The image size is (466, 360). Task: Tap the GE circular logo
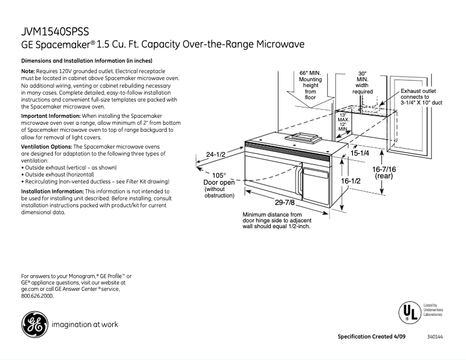tap(33, 325)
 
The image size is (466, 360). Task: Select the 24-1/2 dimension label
tap(216, 154)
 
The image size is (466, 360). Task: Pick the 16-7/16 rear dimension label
tap(384, 172)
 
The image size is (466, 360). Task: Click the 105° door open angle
tap(218, 175)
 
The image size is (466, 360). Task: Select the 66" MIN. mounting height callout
tap(310, 85)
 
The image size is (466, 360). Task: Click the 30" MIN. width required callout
tap(363, 82)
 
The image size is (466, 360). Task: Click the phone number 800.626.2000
tap(37, 296)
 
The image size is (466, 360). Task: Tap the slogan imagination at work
tap(85, 324)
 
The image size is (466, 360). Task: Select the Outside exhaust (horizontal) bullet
tap(58, 174)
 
